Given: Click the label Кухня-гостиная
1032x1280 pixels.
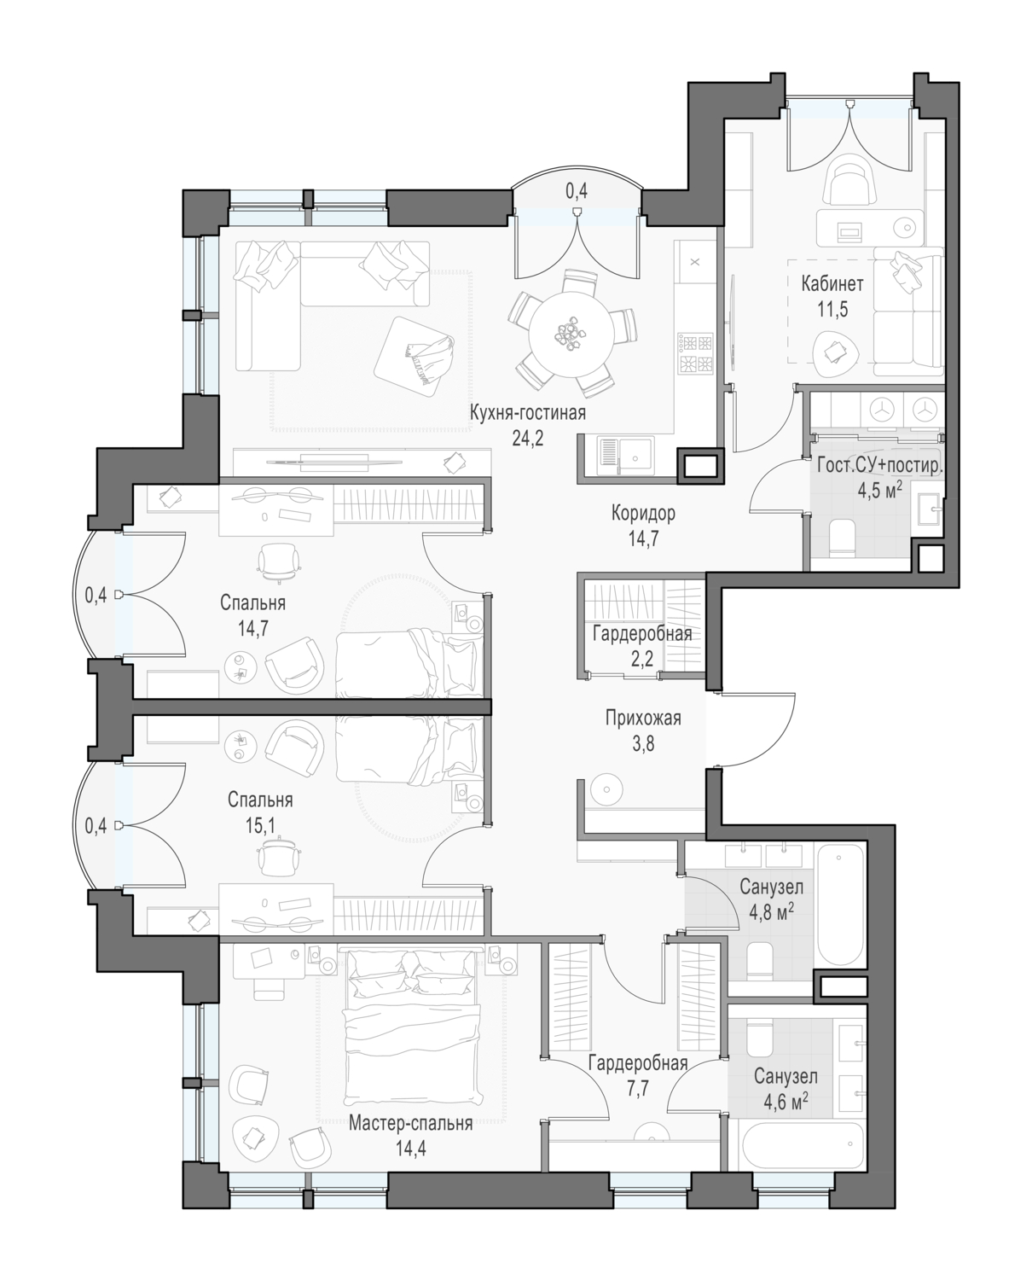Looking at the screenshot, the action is (527, 413).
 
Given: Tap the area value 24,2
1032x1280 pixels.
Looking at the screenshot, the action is (528, 439).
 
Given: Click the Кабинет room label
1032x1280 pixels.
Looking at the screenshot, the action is (832, 284).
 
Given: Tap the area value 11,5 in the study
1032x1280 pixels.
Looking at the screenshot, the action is (832, 310).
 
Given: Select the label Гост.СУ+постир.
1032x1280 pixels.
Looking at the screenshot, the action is (880, 466).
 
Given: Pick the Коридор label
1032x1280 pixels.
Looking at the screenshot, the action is (643, 513).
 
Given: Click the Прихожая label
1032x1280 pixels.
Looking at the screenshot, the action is (643, 718).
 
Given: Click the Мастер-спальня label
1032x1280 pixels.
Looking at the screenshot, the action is (411, 1123).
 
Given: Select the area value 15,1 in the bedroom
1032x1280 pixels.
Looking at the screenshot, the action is (260, 825).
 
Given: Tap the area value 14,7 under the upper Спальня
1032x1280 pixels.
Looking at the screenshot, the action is (253, 628).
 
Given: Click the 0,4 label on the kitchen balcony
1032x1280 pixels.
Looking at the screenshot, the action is (577, 191).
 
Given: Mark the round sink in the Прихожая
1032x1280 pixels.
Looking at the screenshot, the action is (607, 789).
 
